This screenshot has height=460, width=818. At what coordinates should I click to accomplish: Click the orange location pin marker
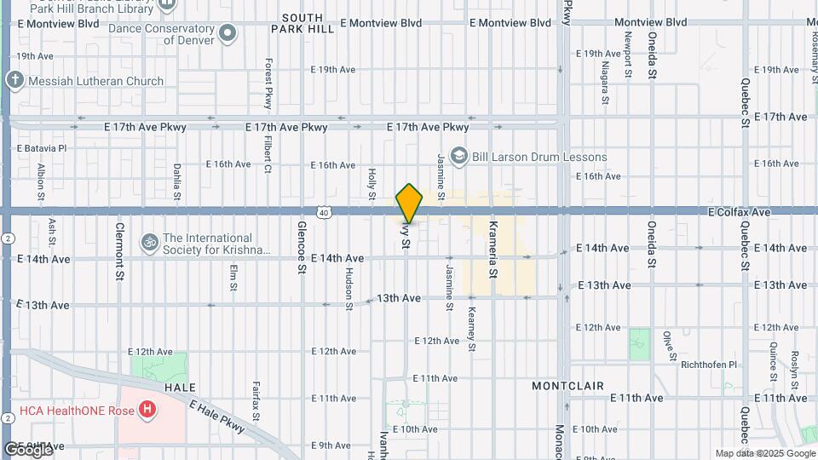tap(409, 203)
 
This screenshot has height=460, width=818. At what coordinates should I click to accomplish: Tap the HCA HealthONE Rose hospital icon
tap(148, 411)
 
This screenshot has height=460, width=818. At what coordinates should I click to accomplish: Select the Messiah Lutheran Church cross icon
tap(14, 81)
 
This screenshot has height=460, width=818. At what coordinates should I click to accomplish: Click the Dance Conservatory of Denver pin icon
tap(227, 33)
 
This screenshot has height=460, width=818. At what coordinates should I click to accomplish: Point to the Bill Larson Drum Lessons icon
tap(460, 156)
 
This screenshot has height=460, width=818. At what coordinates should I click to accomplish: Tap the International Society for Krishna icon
tap(150, 244)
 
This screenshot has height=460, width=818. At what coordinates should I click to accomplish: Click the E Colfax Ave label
tap(739, 211)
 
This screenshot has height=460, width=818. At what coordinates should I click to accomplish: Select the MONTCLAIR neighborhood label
tap(567, 386)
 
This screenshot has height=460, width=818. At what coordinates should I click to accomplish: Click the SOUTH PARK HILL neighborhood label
tap(302, 23)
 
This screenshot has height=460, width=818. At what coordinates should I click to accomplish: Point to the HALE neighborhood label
tap(181, 387)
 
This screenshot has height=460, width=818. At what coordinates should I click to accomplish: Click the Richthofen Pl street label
tap(708, 365)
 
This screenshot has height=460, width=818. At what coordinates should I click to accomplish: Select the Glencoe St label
tap(302, 248)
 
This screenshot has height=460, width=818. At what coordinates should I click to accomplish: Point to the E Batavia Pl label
tap(42, 147)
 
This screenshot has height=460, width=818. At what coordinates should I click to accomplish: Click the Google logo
tap(28, 449)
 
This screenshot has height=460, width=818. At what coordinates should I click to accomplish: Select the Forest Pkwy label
tap(268, 83)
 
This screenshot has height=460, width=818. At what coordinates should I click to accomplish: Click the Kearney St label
tap(470, 327)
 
